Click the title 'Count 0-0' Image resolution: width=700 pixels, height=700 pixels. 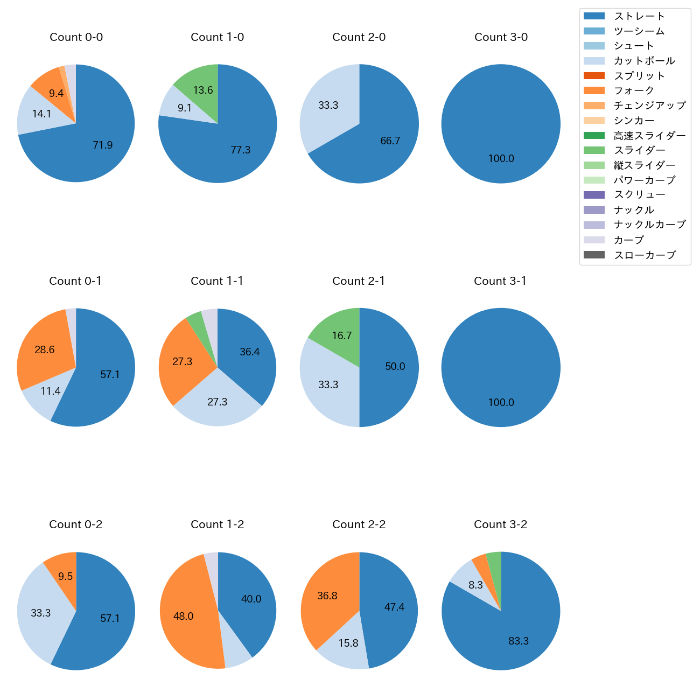pyautogui.click(x=76, y=37)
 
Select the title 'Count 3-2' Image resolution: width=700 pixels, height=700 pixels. pyautogui.click(x=500, y=524)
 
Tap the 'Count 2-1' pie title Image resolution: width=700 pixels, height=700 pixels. pyautogui.click(x=359, y=281)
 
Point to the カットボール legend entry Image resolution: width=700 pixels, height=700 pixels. pyautogui.click(x=644, y=61)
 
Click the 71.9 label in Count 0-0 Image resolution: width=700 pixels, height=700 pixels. pyautogui.click(x=102, y=145)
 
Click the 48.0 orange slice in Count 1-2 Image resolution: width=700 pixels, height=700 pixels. pyautogui.click(x=186, y=614)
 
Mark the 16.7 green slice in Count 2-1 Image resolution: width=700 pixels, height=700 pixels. pyautogui.click(x=339, y=331)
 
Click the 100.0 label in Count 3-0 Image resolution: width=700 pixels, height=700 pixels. pyautogui.click(x=501, y=158)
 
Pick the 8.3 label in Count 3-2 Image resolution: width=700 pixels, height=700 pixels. pyautogui.click(x=475, y=585)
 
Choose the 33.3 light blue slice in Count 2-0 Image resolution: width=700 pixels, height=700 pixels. pyautogui.click(x=326, y=108)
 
